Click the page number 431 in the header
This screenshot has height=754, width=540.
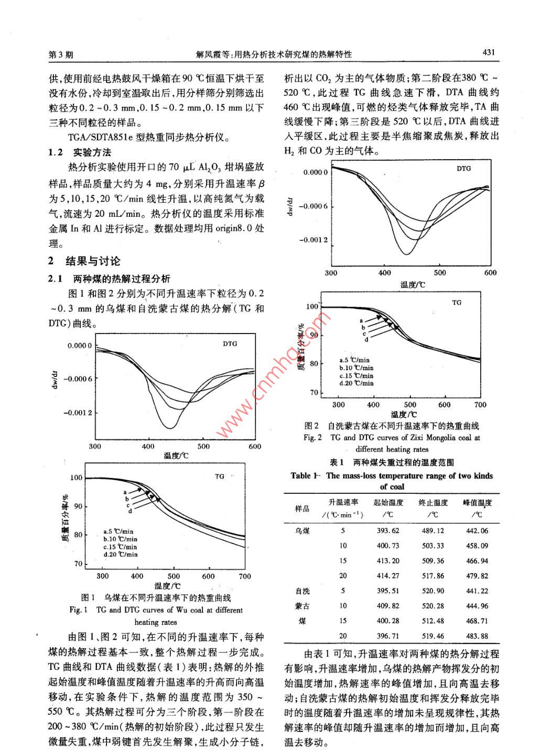(x=489, y=52)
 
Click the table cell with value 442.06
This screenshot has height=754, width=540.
(x=477, y=530)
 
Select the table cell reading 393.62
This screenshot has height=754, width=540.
(x=388, y=530)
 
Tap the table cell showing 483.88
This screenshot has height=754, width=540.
(x=477, y=636)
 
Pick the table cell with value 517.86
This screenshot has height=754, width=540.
(x=433, y=575)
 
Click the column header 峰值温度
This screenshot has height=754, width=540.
(x=477, y=503)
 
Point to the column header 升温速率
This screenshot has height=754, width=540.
(x=343, y=503)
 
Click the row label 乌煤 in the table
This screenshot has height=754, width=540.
(x=303, y=530)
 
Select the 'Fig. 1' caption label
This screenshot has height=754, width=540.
(x=78, y=610)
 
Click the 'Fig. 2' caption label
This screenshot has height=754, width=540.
(x=312, y=438)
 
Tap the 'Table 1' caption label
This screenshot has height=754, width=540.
(x=304, y=476)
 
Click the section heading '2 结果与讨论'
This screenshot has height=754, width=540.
(x=84, y=261)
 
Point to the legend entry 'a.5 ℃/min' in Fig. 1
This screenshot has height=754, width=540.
(x=118, y=531)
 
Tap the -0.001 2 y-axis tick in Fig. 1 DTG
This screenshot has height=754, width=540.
(x=78, y=413)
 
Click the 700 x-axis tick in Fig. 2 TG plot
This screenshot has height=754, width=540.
(x=480, y=404)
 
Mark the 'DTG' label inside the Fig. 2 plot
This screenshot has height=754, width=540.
(x=463, y=169)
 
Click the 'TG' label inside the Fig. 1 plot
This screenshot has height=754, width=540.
(x=219, y=476)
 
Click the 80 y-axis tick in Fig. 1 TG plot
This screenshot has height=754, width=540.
(x=78, y=535)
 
